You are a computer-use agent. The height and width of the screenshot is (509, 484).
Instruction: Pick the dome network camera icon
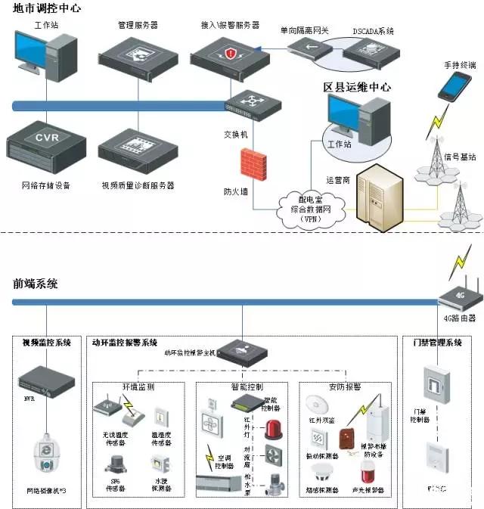point(49,456)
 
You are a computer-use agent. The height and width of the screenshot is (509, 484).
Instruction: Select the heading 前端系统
point(36,284)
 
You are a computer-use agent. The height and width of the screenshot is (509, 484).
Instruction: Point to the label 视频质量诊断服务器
point(138,185)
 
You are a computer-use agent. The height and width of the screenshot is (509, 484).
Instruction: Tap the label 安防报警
point(345,386)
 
